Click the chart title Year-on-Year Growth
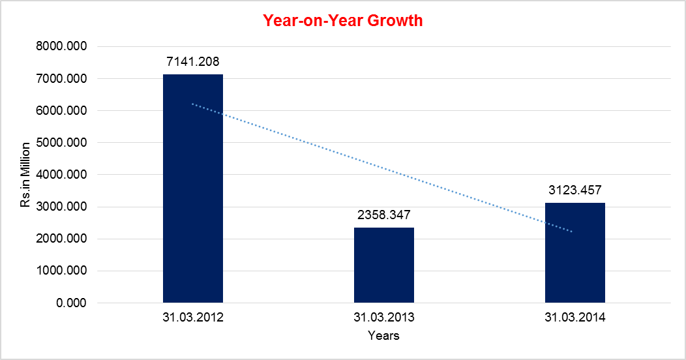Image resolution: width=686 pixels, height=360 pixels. pyautogui.click(x=343, y=20)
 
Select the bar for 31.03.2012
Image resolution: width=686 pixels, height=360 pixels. pyautogui.click(x=193, y=189)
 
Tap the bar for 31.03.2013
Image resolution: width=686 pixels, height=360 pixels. pyautogui.click(x=384, y=265)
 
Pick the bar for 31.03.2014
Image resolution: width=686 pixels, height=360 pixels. pyautogui.click(x=575, y=253)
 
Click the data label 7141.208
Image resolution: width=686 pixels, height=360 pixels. pyautogui.click(x=193, y=61)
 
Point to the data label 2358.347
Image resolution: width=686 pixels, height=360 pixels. pyautogui.click(x=384, y=214)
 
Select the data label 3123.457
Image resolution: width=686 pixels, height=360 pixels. pyautogui.click(x=575, y=190)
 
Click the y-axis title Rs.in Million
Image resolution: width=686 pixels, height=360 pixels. pyautogui.click(x=25, y=175)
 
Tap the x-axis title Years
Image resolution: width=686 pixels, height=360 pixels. pyautogui.click(x=383, y=336)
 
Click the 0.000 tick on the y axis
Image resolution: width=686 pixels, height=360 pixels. pyautogui.click(x=72, y=303)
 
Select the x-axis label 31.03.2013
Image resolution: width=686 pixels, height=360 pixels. pyautogui.click(x=384, y=318)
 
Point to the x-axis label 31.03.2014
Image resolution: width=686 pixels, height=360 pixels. pyautogui.click(x=575, y=318)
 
